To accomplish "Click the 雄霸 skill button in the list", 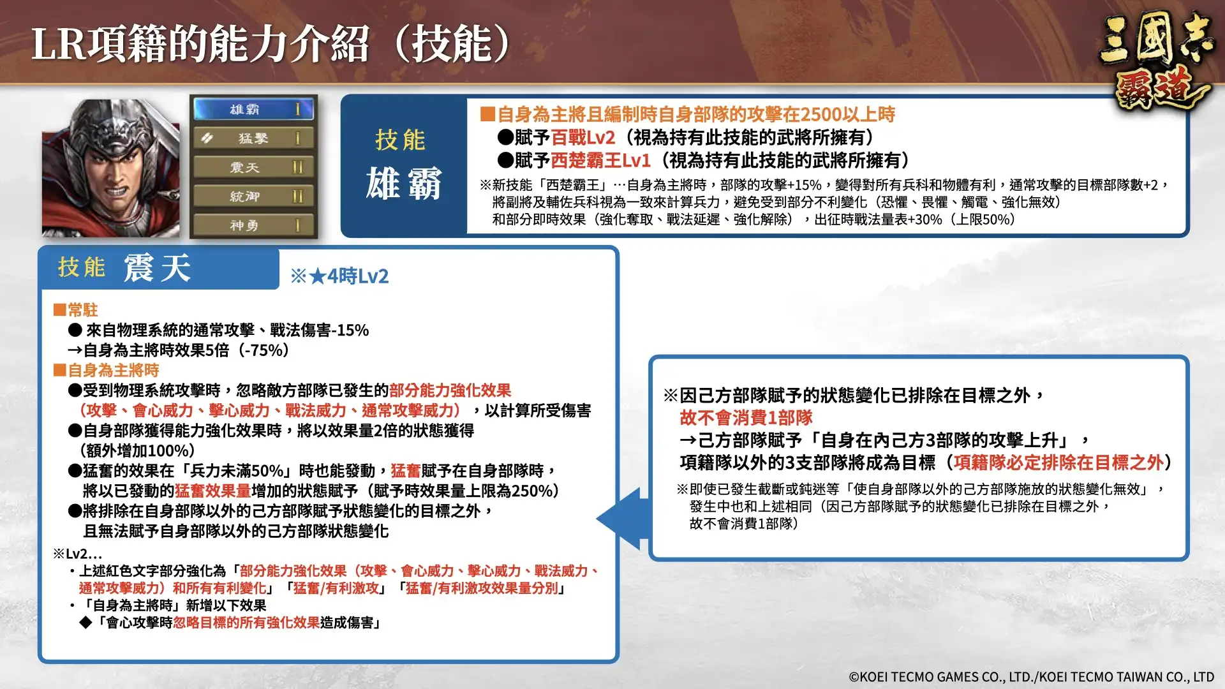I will pyautogui.click(x=253, y=109).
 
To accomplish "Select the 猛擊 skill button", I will pyautogui.click(x=253, y=138).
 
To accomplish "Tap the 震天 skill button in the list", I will pyautogui.click(x=253, y=168).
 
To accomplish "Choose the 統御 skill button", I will pyautogui.click(x=253, y=196).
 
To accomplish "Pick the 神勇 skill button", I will pyautogui.click(x=253, y=225).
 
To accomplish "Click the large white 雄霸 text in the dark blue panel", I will pyautogui.click(x=403, y=184).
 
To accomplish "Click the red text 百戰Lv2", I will pyautogui.click(x=583, y=137).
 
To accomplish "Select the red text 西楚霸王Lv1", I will pyautogui.click(x=600, y=160).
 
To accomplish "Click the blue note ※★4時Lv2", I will pyautogui.click(x=339, y=276).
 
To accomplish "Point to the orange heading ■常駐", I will pyautogui.click(x=76, y=310).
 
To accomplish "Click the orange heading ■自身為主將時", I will pyautogui.click(x=107, y=370).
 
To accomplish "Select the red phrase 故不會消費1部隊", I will pyautogui.click(x=746, y=418).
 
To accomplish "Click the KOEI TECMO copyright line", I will pyautogui.click(x=1031, y=677).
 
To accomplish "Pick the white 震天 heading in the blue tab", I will pyautogui.click(x=157, y=267).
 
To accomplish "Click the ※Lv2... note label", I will pyautogui.click(x=77, y=553).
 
